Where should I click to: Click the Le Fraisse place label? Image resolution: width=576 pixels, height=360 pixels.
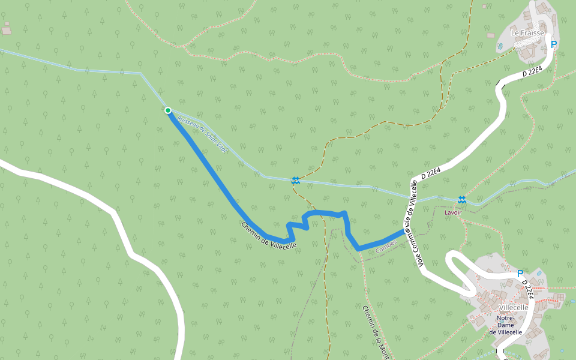527,33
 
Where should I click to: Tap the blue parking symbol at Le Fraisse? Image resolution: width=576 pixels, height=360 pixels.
554,44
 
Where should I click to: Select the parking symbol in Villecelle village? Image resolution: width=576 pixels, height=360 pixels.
520,273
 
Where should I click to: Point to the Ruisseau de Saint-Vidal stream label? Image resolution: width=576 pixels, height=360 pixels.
203,134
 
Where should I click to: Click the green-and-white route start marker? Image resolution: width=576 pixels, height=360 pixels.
168,110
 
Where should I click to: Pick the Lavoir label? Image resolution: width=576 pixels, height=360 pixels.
453,212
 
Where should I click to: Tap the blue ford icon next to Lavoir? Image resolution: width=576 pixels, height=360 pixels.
461,199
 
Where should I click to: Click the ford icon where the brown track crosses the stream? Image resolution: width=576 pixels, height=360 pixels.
295,179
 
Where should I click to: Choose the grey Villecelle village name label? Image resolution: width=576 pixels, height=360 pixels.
509,307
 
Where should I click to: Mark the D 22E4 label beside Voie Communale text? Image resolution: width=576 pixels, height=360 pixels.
431,174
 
